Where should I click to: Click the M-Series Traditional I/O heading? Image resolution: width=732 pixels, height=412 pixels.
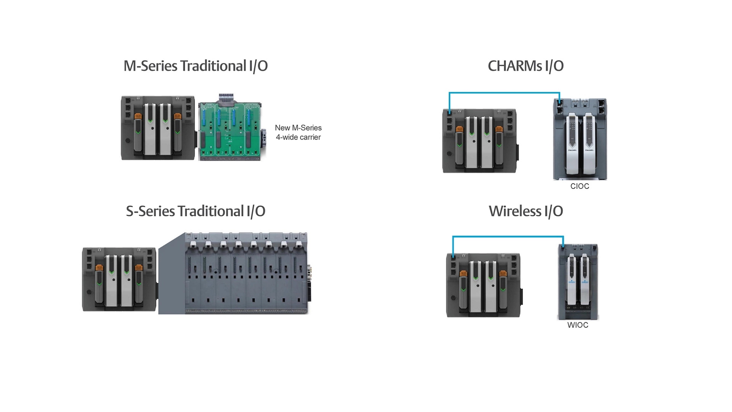click(195, 66)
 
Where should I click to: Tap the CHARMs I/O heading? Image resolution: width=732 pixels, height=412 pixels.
click(525, 66)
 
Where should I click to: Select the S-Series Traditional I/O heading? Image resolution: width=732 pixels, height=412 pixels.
click(195, 211)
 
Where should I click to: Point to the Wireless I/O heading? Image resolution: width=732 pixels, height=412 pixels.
click(525, 211)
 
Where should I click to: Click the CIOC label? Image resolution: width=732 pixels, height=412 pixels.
click(579, 186)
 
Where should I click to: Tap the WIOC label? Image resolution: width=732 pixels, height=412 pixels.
click(578, 325)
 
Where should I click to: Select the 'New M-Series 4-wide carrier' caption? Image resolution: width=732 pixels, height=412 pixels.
click(298, 132)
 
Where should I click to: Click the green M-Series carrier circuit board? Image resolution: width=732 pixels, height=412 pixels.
click(230, 130)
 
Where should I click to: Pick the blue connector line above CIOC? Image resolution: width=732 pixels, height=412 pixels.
click(504, 93)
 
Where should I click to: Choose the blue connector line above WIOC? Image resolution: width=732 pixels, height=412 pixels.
click(508, 237)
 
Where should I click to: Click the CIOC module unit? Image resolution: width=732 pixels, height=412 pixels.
click(580, 139)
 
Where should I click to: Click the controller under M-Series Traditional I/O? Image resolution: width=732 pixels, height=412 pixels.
click(158, 128)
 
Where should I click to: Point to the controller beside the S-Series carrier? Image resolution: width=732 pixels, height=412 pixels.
click(119, 279)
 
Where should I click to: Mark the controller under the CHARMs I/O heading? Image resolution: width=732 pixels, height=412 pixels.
click(479, 141)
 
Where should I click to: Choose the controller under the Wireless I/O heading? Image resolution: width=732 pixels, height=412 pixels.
click(483, 285)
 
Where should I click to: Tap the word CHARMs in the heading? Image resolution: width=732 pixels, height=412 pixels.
click(515, 66)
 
